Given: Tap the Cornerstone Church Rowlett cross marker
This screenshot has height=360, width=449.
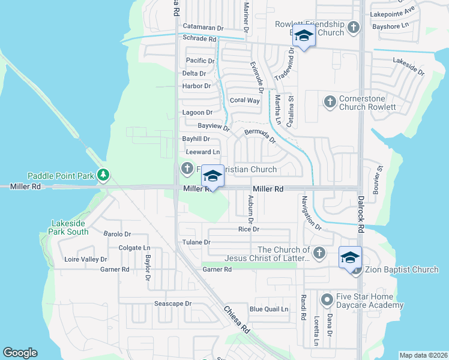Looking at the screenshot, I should point(329,102).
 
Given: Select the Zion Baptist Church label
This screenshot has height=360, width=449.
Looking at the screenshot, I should point(401,270).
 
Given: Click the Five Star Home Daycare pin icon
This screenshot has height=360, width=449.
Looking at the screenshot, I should point(327,298).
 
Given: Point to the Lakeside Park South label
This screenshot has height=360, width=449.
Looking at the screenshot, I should point(70,227).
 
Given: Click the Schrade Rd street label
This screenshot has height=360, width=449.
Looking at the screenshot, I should point(199,38).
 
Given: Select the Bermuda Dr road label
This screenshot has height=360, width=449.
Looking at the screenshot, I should point(260,136).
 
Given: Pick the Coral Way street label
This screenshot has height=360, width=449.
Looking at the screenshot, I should point(245,101).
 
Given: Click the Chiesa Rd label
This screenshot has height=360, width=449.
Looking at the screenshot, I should point(237,320).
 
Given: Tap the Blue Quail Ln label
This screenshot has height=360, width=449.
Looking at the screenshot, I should point(269,310).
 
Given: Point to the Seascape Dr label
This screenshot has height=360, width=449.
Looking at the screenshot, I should point(173,304).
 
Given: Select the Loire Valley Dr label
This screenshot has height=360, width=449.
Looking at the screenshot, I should point(86,260).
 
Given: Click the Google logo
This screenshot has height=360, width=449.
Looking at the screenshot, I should point(20,353).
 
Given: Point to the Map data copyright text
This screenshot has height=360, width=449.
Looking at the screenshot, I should point(423,355).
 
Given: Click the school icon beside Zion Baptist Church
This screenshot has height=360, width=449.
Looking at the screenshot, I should point(351,257).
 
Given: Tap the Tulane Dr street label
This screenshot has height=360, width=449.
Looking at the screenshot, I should point(197,242).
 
